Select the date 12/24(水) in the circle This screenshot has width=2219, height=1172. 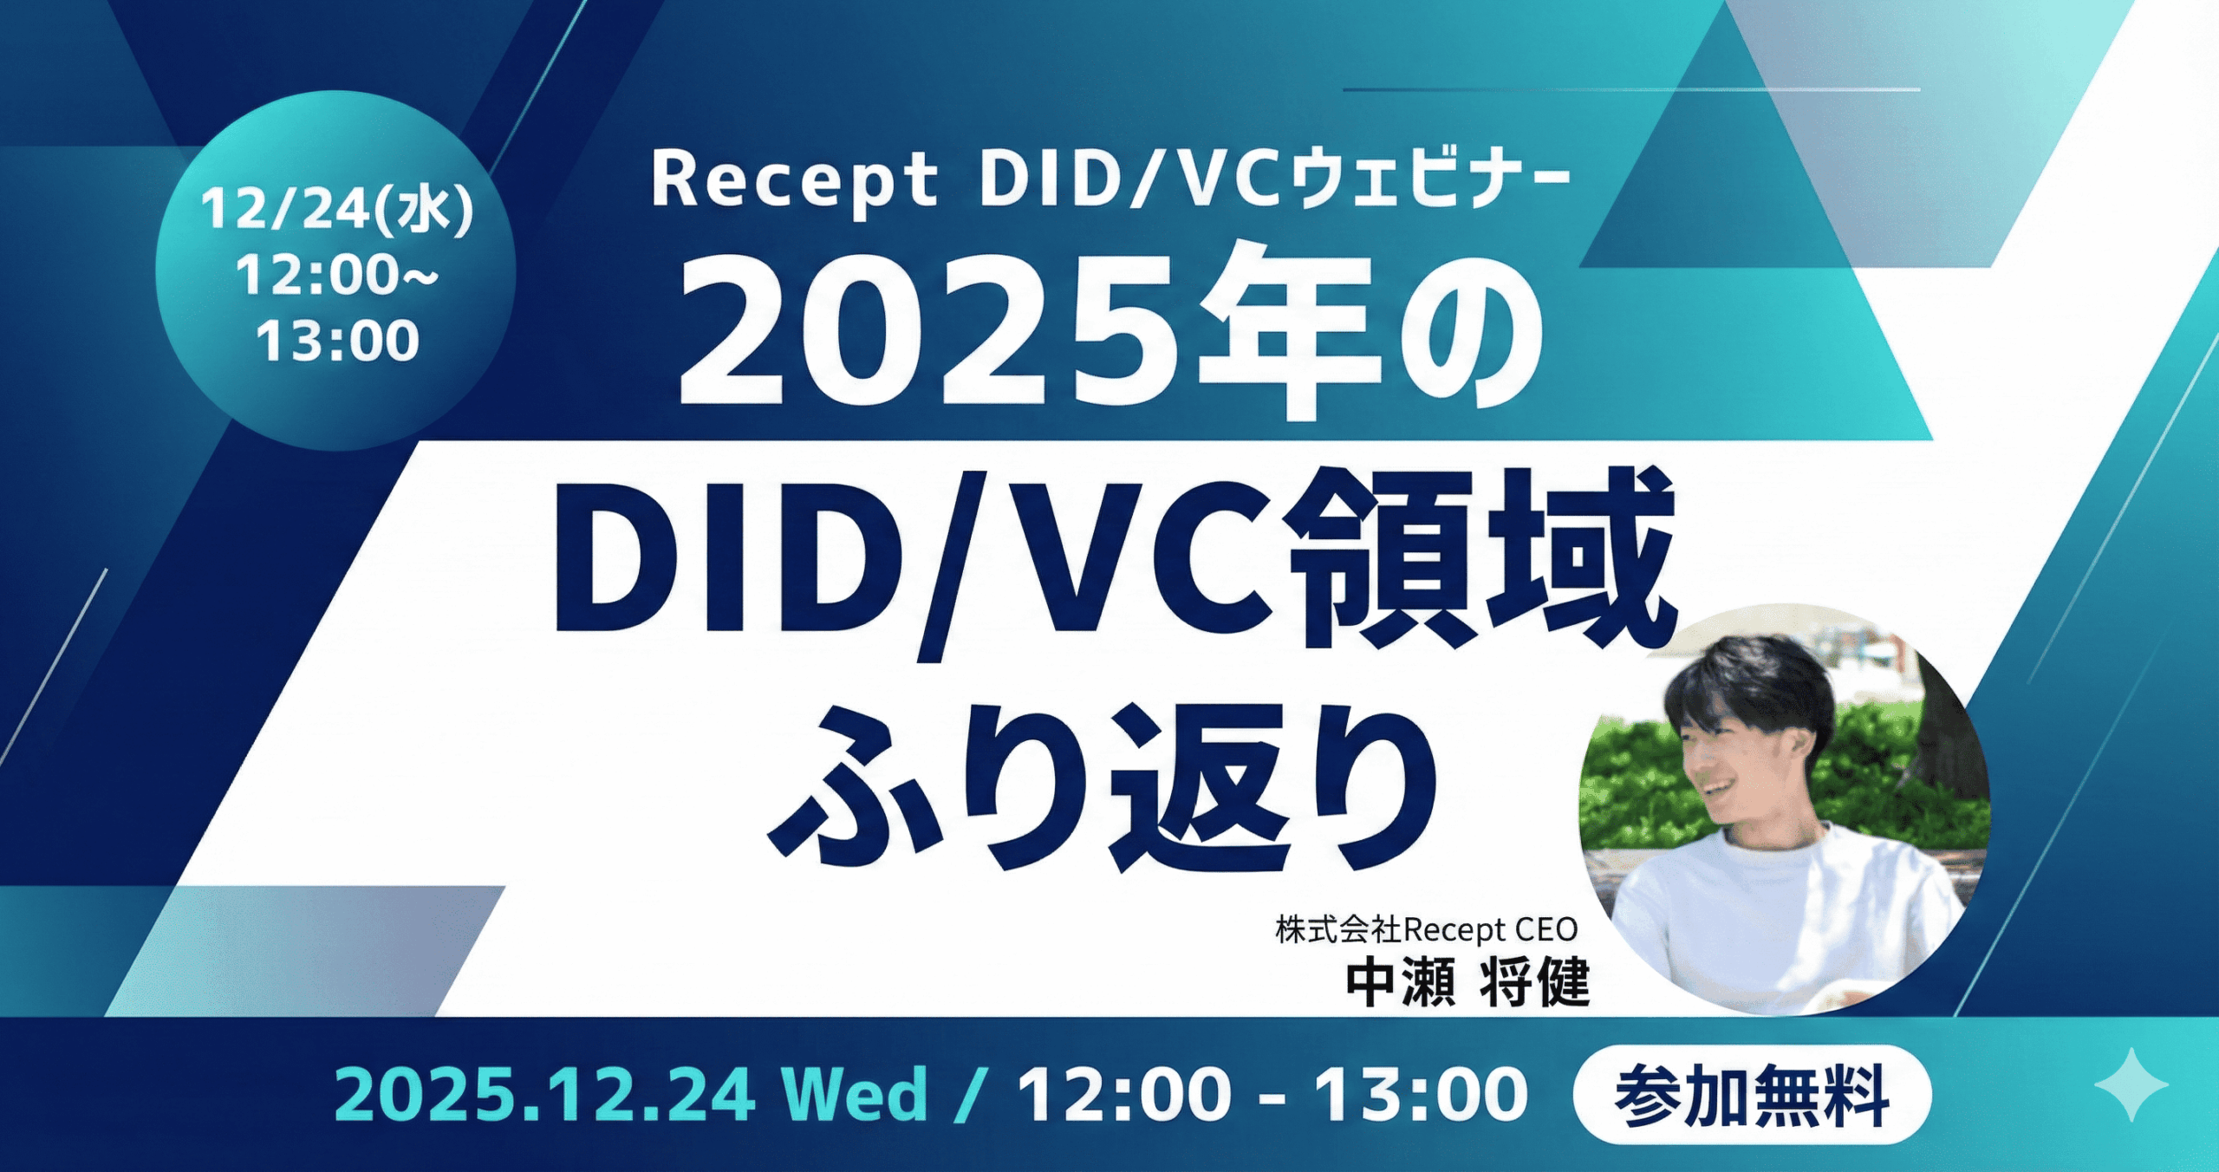[x=337, y=210]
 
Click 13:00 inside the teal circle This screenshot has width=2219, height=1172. [x=338, y=341]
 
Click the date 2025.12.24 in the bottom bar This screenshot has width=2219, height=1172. [x=544, y=1095]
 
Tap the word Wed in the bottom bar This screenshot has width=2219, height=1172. [x=855, y=1094]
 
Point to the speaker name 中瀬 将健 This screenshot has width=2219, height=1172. [x=1467, y=984]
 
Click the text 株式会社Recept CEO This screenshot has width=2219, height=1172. [x=1427, y=930]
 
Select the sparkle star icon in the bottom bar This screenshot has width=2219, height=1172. [x=2131, y=1084]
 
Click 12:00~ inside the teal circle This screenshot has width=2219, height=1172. [x=337, y=275]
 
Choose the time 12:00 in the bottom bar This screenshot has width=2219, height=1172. [x=1125, y=1095]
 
